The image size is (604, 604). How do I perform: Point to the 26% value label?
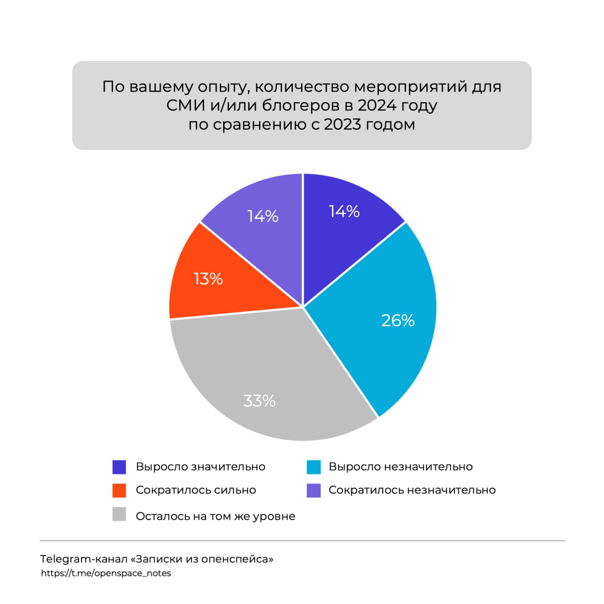pyautogui.click(x=398, y=320)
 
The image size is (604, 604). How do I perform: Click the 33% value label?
pyautogui.click(x=259, y=401)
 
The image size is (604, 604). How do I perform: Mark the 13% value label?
pyautogui.click(x=208, y=279)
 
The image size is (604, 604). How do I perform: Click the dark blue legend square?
pyautogui.click(x=119, y=467)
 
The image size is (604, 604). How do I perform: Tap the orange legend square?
pyautogui.click(x=119, y=490)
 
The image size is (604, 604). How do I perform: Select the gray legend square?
pyautogui.click(x=119, y=515)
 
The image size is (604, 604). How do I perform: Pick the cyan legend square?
pyautogui.click(x=313, y=467)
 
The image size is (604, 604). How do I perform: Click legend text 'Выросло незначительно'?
pyautogui.click(x=401, y=467)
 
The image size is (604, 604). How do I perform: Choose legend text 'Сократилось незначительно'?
pyautogui.click(x=412, y=490)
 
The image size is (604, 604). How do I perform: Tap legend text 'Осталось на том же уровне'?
pyautogui.click(x=215, y=516)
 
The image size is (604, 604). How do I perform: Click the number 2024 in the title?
pyautogui.click(x=377, y=105)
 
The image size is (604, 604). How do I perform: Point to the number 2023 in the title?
pyautogui.click(x=344, y=125)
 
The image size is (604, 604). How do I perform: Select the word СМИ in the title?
pyautogui.click(x=185, y=105)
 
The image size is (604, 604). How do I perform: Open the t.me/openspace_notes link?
pyautogui.click(x=106, y=573)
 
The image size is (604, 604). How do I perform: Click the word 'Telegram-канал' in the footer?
pyautogui.click(x=84, y=559)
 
